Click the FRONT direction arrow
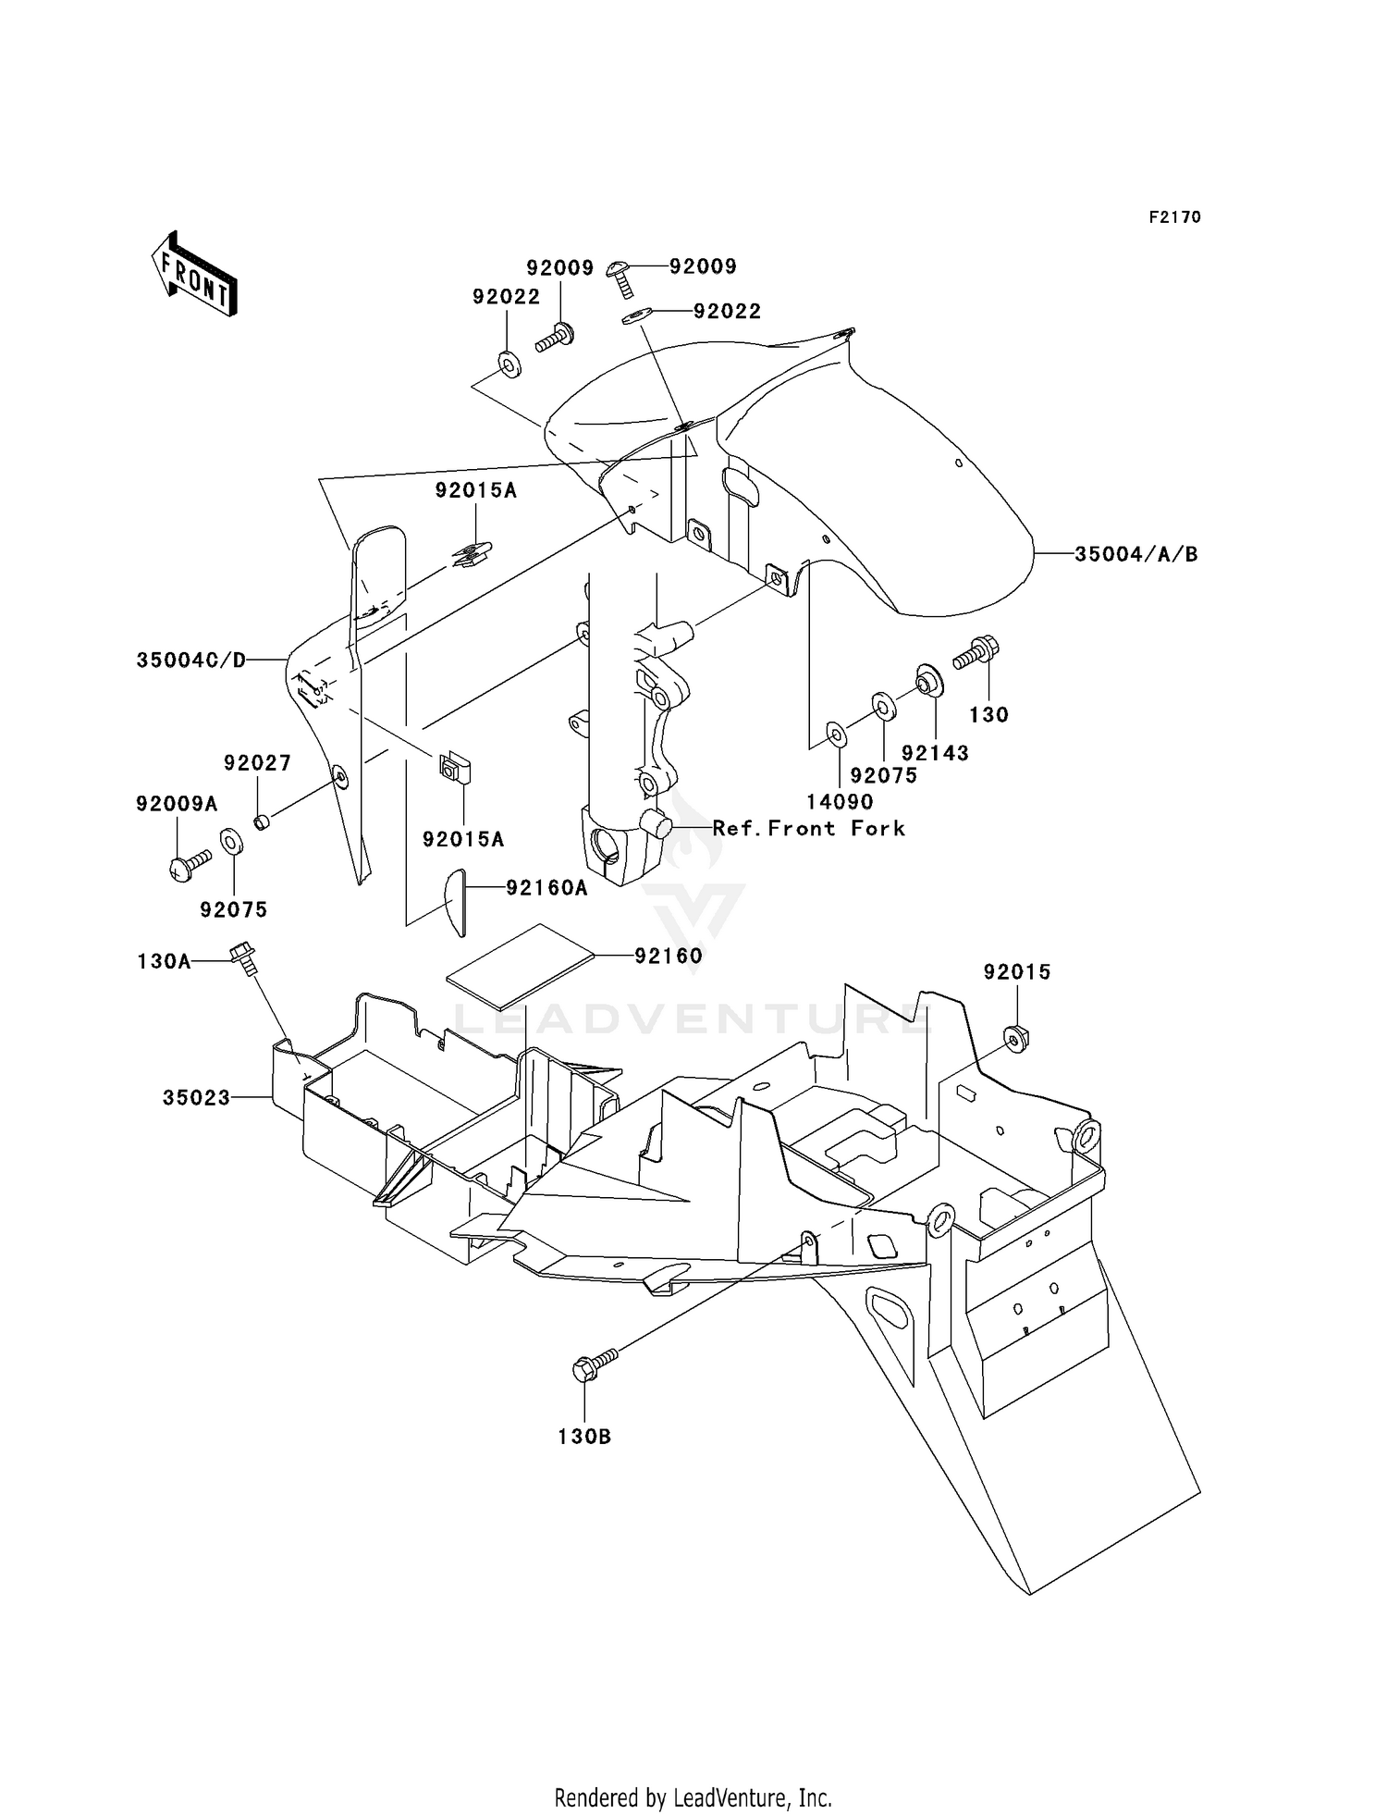click(195, 275)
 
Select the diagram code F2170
click(1174, 217)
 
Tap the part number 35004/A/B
click(1135, 554)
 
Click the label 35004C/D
click(191, 661)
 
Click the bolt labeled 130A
click(243, 956)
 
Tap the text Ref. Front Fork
click(808, 828)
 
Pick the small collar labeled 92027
click(262, 821)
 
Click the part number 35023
click(196, 1098)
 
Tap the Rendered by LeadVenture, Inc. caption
click(693, 1798)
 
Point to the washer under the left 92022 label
click(509, 364)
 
